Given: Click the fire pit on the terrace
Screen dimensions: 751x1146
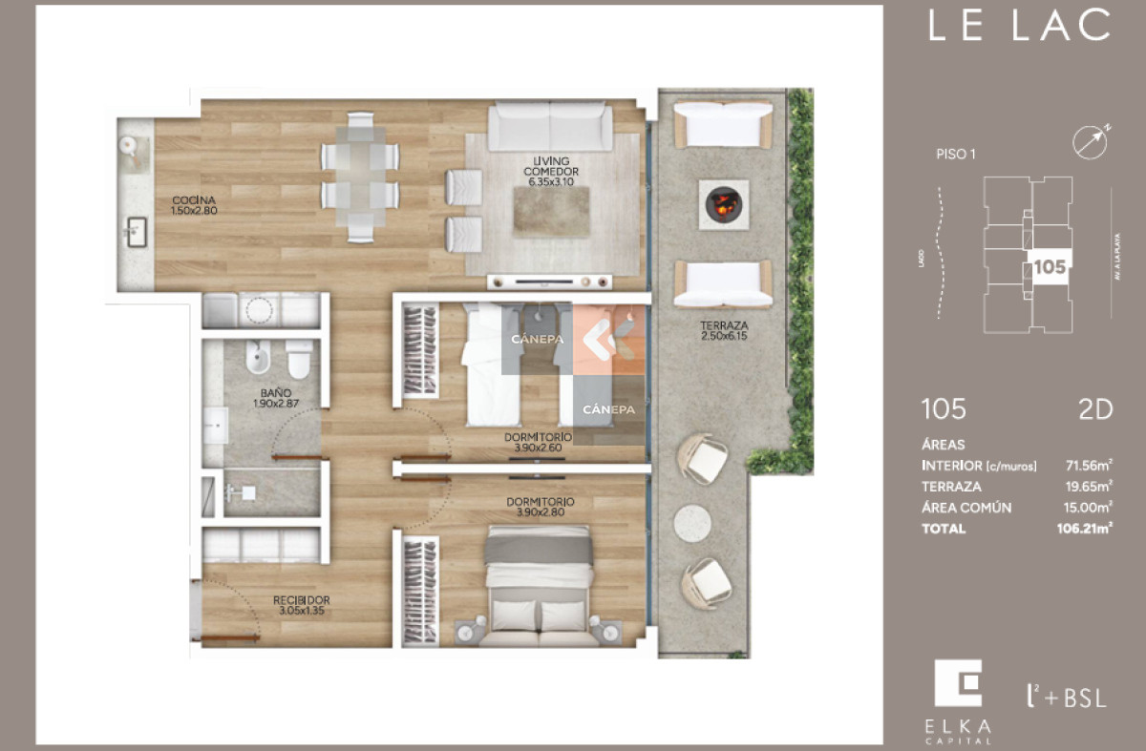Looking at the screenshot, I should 722,202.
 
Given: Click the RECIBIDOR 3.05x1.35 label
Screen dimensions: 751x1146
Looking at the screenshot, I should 301,605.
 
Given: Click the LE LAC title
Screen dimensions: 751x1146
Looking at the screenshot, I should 1019,26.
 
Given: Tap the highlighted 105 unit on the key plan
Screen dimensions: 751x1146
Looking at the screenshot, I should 1049,267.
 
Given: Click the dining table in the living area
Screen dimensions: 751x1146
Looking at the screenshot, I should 360,177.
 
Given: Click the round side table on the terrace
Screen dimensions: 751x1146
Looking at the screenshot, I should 692,523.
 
